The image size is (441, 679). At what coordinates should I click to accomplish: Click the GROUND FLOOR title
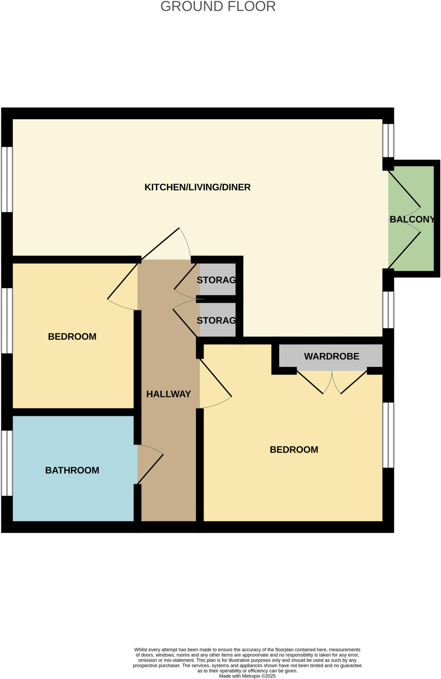coord(218,7)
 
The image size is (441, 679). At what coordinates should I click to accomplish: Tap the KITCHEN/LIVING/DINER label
coord(197,187)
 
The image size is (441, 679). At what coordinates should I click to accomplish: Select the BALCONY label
coord(412,219)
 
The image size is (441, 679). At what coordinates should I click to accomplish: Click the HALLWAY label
coord(169,394)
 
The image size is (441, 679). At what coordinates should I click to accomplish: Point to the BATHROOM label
coord(72,470)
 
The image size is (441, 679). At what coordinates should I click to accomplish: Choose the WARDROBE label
coord(332,356)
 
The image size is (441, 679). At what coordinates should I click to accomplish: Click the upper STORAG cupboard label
coord(216,280)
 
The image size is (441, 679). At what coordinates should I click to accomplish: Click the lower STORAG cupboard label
coord(216,321)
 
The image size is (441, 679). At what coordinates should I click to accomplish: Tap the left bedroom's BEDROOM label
coord(72,337)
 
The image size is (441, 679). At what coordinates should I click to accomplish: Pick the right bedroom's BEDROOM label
coord(294,450)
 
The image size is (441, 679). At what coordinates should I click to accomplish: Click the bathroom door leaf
coord(150,469)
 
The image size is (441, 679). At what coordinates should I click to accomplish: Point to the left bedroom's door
coord(123,281)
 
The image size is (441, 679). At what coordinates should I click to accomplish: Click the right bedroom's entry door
coord(215,378)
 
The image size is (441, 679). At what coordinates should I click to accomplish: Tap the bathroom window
coord(7,463)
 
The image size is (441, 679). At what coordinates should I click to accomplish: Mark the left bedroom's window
coord(7,321)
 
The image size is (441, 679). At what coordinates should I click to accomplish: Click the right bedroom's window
coord(388,435)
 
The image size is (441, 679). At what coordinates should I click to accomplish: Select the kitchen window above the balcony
coord(388,141)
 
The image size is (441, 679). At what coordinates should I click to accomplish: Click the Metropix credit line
coord(247,676)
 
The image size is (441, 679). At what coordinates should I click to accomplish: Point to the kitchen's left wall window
coord(7,179)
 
